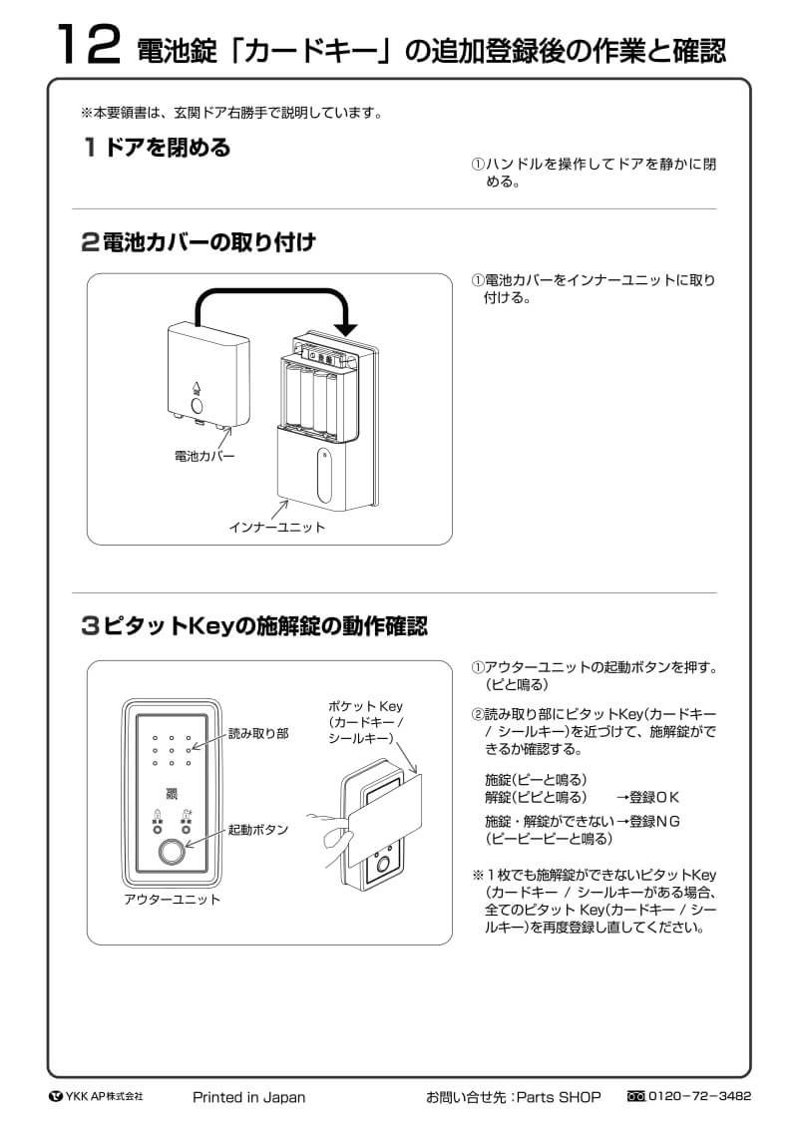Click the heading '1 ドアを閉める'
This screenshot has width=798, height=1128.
pos(157,148)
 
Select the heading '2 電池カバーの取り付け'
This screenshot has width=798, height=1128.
pos(199,241)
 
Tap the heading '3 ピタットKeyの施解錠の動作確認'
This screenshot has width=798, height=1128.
pos(253,626)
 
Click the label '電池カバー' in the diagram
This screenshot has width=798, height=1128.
pos(204,456)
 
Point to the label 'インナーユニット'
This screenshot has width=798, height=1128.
pos(276,527)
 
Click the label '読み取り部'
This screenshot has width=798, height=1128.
pos(258,733)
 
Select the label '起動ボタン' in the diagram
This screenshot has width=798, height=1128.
pos(258,829)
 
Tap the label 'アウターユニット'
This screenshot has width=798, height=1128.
pos(172,899)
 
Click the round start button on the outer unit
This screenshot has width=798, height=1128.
pos(172,854)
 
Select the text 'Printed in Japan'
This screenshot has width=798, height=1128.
pos(248,1097)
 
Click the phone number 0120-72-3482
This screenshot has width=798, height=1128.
pos(699,1096)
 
